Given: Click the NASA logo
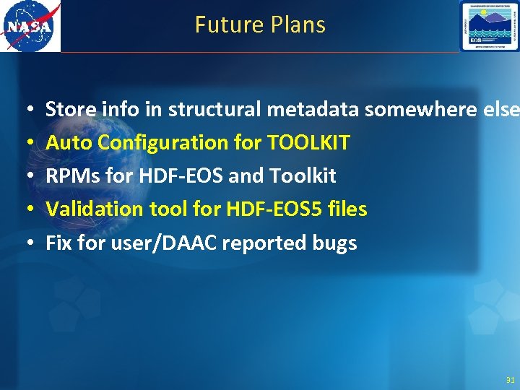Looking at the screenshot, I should coord(30,26).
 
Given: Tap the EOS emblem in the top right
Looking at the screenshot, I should coord(489,26).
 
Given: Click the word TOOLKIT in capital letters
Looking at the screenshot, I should coord(308,142).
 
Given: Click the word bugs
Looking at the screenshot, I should coord(334,243).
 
